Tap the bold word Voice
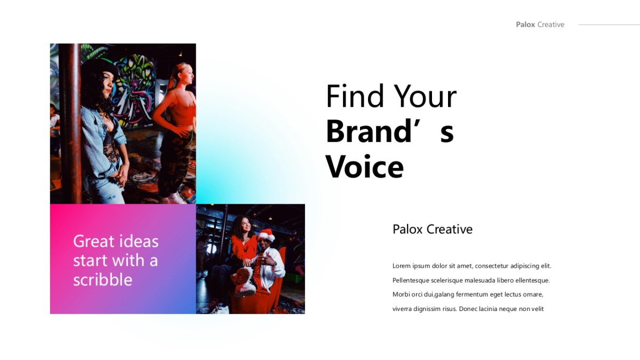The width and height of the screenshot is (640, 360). (x=365, y=166)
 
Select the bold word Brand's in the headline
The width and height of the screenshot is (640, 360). (x=390, y=131)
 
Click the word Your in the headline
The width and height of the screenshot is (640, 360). (x=425, y=97)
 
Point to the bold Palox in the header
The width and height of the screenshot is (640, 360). (x=525, y=25)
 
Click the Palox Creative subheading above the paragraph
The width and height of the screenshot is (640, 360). (x=433, y=229)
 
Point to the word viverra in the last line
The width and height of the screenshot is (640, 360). (x=402, y=309)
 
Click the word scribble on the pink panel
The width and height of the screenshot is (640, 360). (x=103, y=279)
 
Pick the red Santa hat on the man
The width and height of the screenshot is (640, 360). (x=266, y=235)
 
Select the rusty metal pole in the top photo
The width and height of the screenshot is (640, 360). (x=70, y=123)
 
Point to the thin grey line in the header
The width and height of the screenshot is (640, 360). (x=609, y=25)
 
